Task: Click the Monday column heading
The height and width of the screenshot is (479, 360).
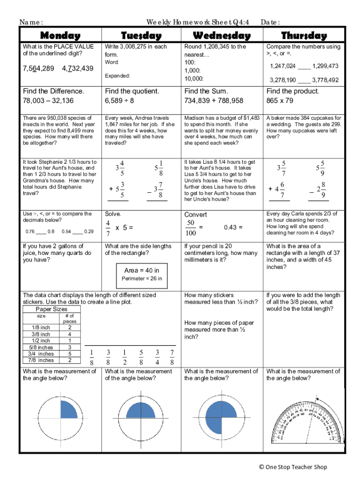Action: tap(60, 36)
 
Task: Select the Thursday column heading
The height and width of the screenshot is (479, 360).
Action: tap(304, 36)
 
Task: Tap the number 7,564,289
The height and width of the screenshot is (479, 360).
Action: tap(38, 69)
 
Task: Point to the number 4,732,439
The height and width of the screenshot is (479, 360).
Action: tap(78, 69)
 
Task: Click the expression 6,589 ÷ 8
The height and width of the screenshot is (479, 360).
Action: tap(120, 101)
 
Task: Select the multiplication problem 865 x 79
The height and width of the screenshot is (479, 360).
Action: tap(280, 101)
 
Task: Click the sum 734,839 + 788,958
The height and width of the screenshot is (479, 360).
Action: tap(214, 101)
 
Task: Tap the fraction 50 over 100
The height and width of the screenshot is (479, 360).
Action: tap(190, 228)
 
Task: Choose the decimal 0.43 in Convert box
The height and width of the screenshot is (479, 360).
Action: tap(233, 227)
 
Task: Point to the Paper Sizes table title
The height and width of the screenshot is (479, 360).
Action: tap(51, 309)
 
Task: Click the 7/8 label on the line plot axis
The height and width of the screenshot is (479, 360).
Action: tap(172, 357)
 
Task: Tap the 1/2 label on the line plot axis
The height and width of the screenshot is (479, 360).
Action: tap(124, 357)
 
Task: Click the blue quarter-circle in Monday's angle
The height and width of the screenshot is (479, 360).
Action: tap(68, 411)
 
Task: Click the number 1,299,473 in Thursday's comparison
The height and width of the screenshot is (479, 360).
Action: tap(325, 66)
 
